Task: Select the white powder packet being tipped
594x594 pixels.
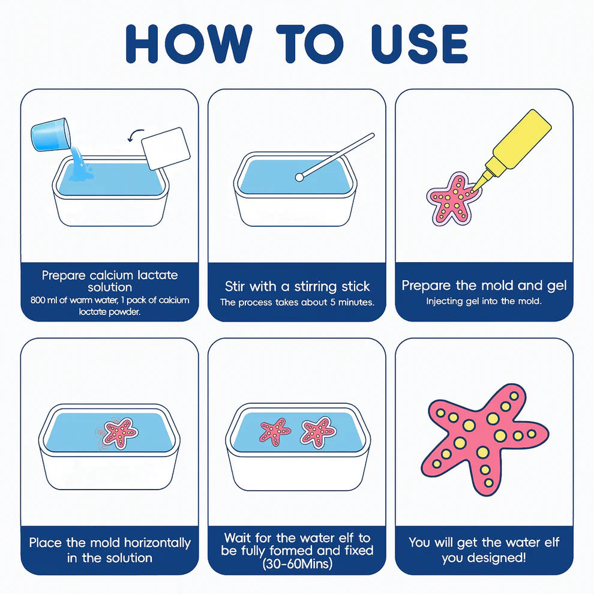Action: point(166,148)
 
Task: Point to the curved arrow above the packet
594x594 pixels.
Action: point(137,133)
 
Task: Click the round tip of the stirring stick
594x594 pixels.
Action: point(299,177)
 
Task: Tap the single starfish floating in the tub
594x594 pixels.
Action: point(121,432)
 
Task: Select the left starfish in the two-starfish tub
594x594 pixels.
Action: point(275,431)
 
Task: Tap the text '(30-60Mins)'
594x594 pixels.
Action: point(296,565)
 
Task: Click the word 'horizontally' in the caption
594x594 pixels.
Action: point(157,543)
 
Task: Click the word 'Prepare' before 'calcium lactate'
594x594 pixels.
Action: point(63,275)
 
